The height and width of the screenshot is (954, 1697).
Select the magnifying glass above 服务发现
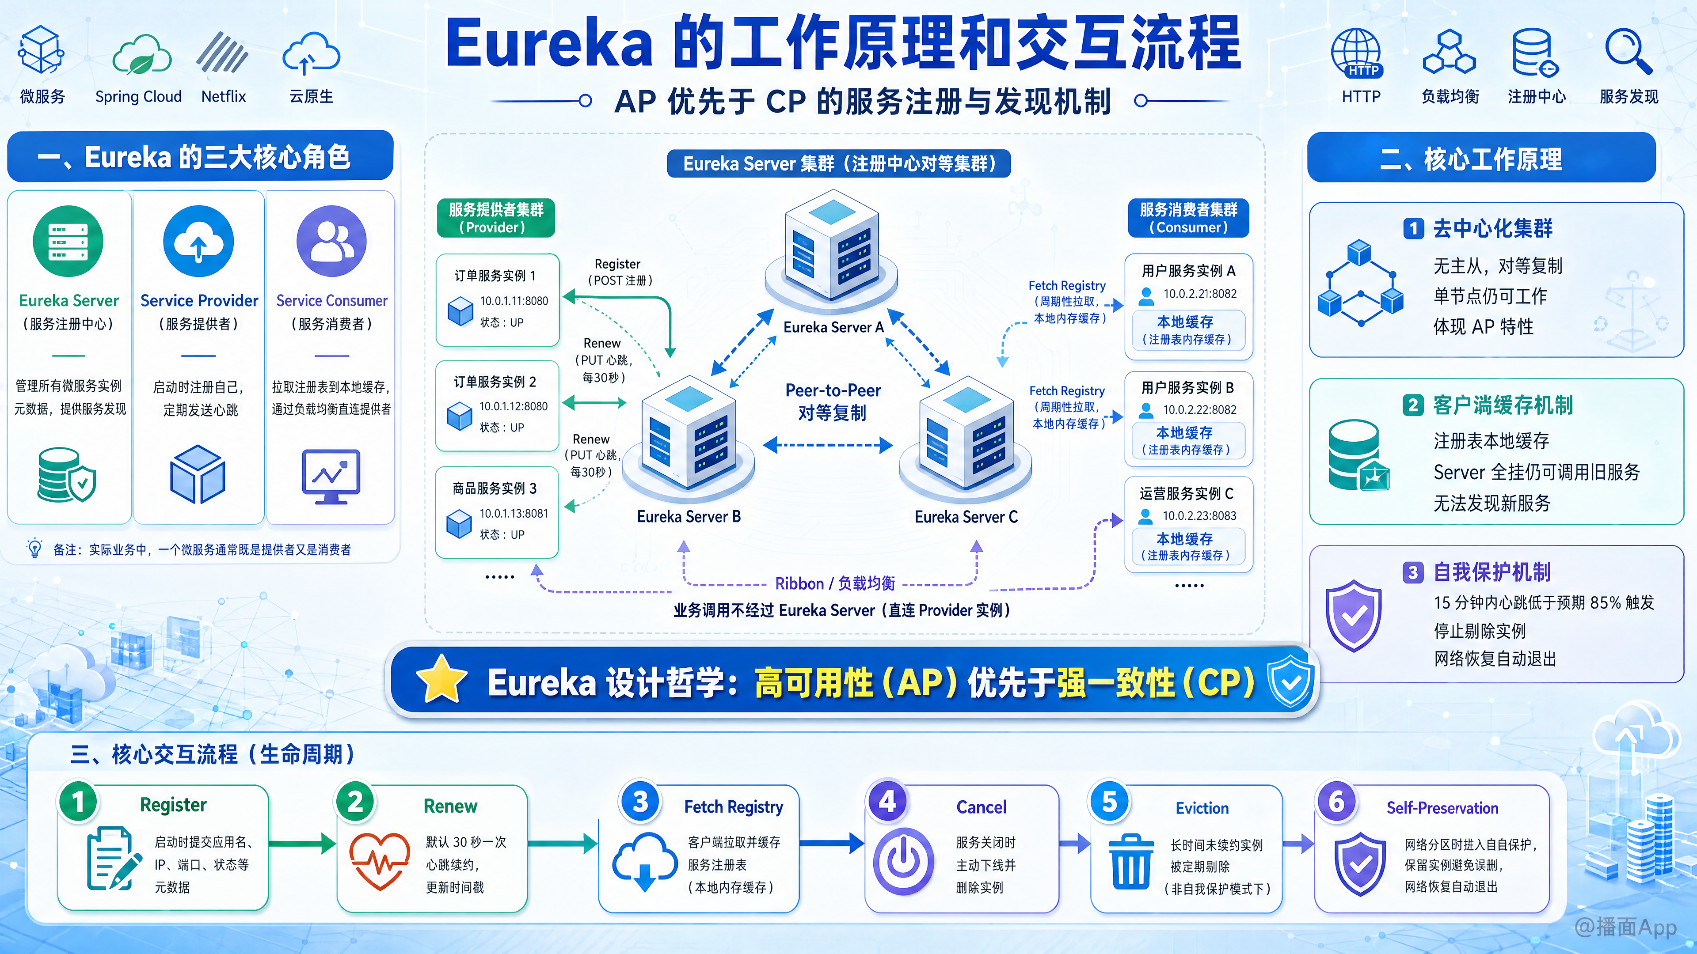coord(1629,51)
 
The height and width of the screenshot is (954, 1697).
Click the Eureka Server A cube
coord(831,248)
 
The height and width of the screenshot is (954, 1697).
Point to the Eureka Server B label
coord(689,517)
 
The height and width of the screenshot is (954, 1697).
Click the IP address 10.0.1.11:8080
coord(514,301)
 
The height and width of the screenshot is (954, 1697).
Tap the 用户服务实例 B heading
coord(1188,388)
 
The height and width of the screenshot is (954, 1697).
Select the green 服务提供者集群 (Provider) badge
coord(496,218)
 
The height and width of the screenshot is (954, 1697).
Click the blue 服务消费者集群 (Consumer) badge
coord(1188,218)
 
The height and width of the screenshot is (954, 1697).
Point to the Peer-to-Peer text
coord(833,390)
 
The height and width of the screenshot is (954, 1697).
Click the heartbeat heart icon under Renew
coord(380,860)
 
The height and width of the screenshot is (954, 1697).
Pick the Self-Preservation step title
coord(1442,808)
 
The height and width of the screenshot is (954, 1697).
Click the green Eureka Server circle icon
coord(68,241)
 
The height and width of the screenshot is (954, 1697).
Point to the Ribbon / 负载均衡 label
coord(835,583)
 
